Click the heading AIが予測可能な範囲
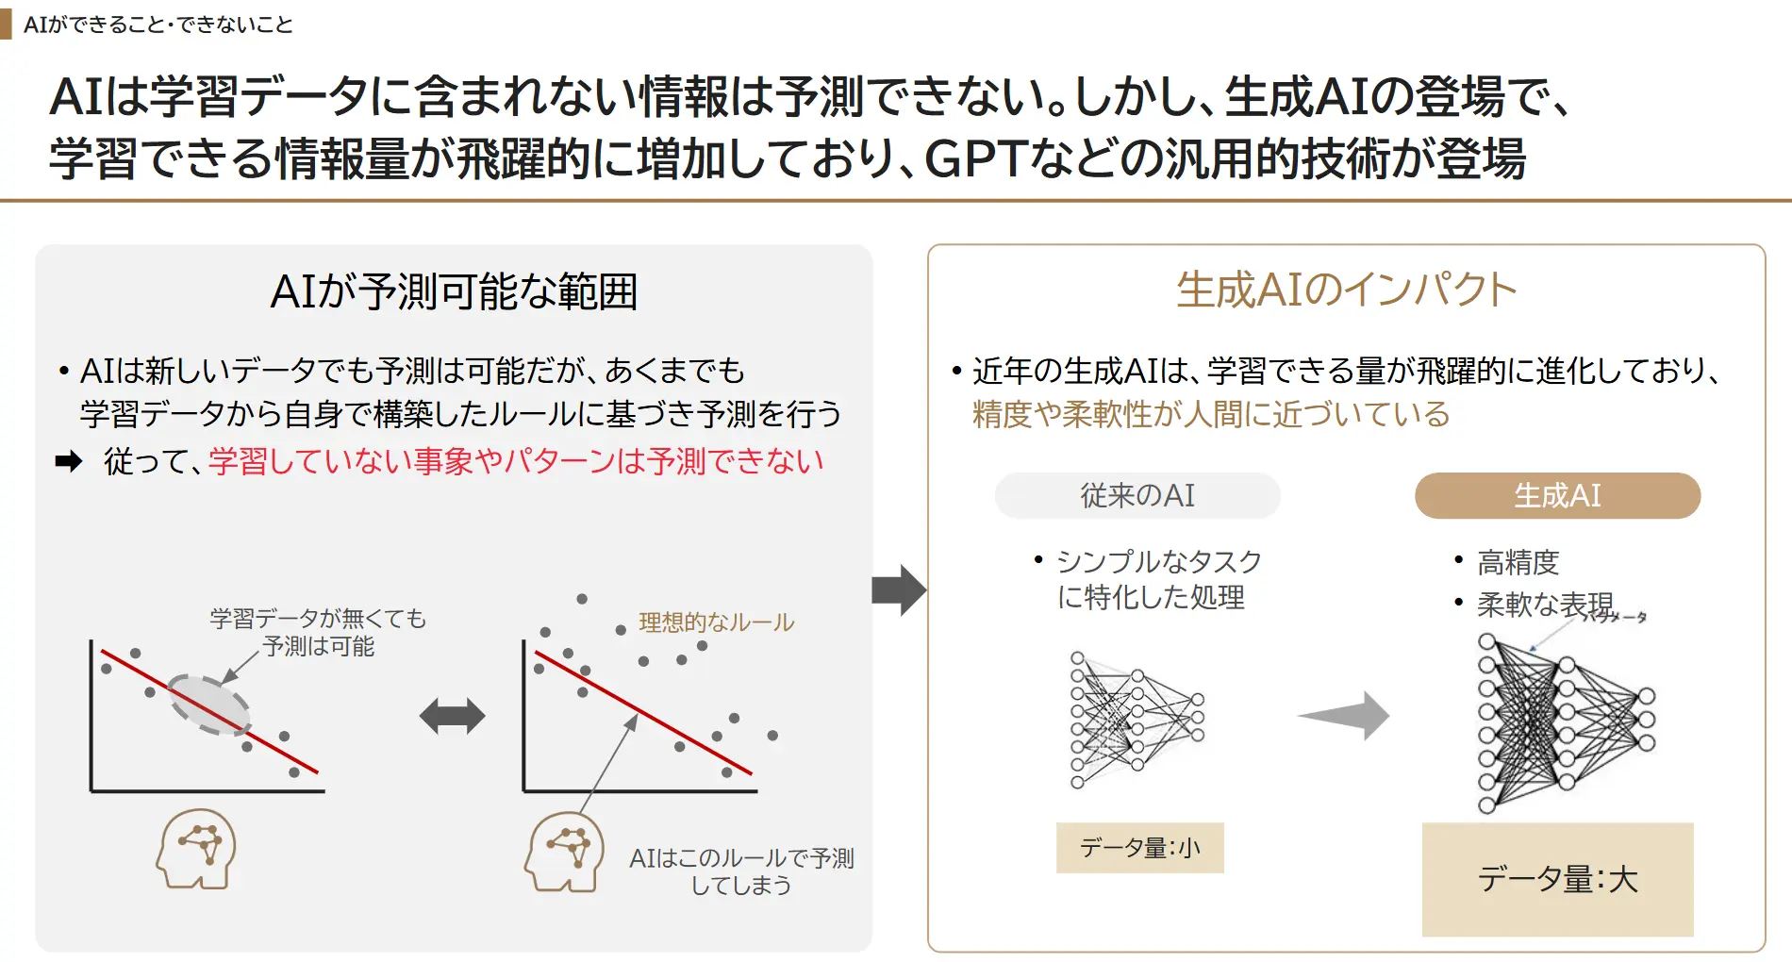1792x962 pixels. pyautogui.click(x=454, y=291)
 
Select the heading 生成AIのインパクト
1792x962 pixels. pyautogui.click(x=1346, y=290)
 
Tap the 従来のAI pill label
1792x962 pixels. pyautogui.click(x=1137, y=495)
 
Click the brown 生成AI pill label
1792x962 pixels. pyautogui.click(x=1557, y=495)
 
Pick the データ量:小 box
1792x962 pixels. pyautogui.click(x=1139, y=847)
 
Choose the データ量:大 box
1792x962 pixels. pyautogui.click(x=1557, y=879)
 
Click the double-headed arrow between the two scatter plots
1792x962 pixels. pyautogui.click(x=453, y=716)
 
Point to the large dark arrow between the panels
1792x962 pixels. pyautogui.click(x=899, y=590)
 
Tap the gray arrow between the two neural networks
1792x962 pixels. pyautogui.click(x=1345, y=715)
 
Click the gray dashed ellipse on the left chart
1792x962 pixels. pyautogui.click(x=208, y=705)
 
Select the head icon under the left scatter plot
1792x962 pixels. pyautogui.click(x=196, y=849)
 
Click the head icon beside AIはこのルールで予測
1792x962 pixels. pyautogui.click(x=564, y=852)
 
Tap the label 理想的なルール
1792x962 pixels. pyautogui.click(x=716, y=622)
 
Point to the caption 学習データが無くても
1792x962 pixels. pyautogui.click(x=318, y=619)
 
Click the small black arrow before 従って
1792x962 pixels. pyautogui.click(x=69, y=461)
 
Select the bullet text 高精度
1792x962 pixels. pyautogui.click(x=1518, y=562)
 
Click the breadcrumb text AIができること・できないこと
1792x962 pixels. pyautogui.click(x=158, y=25)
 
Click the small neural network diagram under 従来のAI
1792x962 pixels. pyautogui.click(x=1137, y=719)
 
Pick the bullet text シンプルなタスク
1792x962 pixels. pyautogui.click(x=1158, y=561)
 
